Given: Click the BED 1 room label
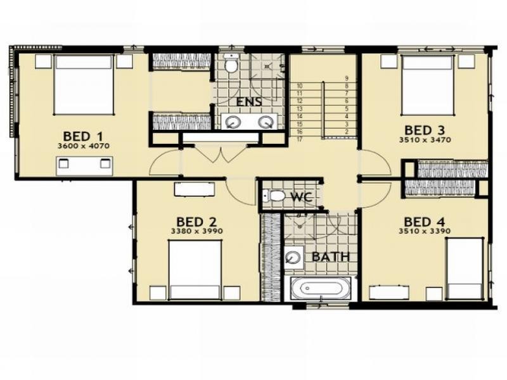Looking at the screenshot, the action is [x=84, y=136].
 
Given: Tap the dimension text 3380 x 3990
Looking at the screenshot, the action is [x=196, y=231].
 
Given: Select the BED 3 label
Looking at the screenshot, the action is [x=425, y=130].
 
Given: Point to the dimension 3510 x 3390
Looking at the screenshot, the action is [x=425, y=231].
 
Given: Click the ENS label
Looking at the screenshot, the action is [x=249, y=102].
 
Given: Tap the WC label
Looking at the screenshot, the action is [x=302, y=197].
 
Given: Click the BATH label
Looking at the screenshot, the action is [x=331, y=257].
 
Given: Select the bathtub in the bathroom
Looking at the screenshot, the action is [x=321, y=288].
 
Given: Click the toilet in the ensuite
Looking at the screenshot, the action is [x=231, y=63].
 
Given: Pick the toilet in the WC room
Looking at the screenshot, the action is [x=274, y=196].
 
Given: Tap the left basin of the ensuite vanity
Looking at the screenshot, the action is [x=232, y=122].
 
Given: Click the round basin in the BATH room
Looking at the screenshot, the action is [x=293, y=258].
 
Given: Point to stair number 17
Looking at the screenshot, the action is [x=299, y=139].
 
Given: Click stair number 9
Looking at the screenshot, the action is [x=347, y=78].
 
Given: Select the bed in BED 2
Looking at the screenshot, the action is [x=195, y=270].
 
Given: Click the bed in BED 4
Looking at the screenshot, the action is [x=465, y=269].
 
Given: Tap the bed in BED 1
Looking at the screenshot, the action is [x=84, y=85].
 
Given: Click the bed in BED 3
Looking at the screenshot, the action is [x=427, y=85].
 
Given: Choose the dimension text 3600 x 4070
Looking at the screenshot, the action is [x=84, y=146].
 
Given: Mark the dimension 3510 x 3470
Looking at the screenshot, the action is [x=425, y=140].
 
